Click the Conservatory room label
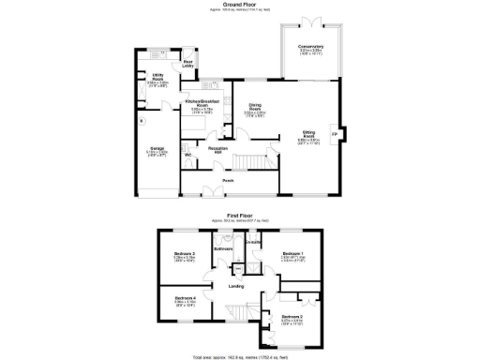pyautogui.click(x=311, y=46)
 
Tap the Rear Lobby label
pyautogui.click(x=187, y=63)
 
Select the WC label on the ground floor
pyautogui.click(x=187, y=155)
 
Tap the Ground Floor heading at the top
pyautogui.click(x=240, y=5)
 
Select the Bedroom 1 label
pyautogui.click(x=293, y=253)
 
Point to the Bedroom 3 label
pyautogui.click(x=184, y=253)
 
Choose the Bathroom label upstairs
pyautogui.click(x=222, y=249)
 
